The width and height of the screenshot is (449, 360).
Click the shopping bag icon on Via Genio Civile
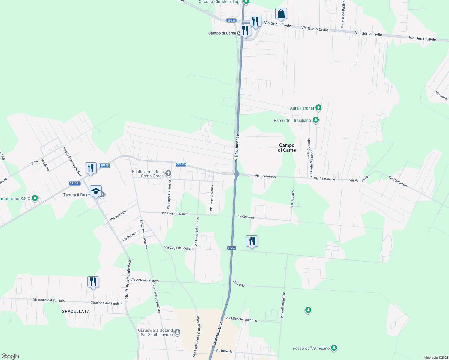281,14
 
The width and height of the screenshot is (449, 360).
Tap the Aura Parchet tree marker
318,108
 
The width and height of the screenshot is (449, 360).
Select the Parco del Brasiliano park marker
315,120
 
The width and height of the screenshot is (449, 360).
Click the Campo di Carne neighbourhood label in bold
287,148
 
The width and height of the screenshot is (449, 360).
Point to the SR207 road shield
232,248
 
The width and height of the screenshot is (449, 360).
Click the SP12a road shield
231,21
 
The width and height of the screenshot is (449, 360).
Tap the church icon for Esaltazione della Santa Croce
168,173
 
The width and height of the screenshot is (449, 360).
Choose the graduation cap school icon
96,191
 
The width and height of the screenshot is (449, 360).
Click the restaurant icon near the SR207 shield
252,241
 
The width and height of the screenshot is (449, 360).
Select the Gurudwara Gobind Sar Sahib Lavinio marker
177,332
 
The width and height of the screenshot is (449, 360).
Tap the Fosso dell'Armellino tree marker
334,348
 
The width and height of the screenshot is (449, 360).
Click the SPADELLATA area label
76,311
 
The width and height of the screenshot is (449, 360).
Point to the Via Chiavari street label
245,217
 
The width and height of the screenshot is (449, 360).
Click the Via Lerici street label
239,283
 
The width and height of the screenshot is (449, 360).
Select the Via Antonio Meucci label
145,280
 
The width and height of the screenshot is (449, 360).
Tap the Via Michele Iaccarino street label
241,319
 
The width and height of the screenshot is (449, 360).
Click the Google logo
10,356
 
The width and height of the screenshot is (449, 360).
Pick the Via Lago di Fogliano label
179,248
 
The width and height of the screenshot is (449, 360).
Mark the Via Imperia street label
224,351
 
